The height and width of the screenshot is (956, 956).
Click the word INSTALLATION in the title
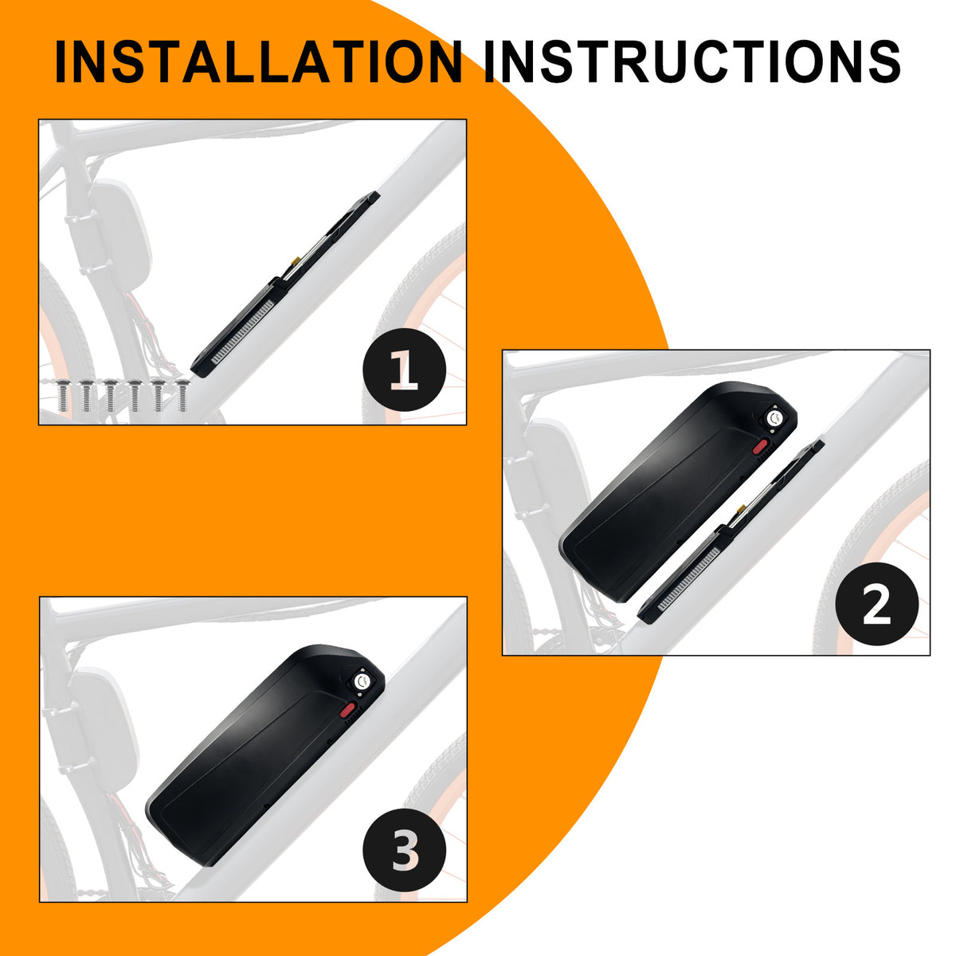pos(258,61)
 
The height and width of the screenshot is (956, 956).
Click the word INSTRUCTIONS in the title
pos(692,61)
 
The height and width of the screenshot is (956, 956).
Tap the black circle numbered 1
pos(405,370)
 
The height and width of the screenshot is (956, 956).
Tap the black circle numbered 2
pos(876,604)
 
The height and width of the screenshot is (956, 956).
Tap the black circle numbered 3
pos(405,850)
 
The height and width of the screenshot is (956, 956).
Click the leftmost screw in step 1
pos(62,395)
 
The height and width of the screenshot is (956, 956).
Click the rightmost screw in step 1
pos(182,395)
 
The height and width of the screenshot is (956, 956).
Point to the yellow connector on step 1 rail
pos(296,260)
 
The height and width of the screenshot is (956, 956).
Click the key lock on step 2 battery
pos(773,418)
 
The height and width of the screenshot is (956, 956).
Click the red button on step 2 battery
pos(760,446)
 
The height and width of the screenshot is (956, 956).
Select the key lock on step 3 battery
pos(361,683)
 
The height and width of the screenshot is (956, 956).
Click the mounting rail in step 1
pos(285,284)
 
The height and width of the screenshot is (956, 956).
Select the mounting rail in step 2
pos(731,532)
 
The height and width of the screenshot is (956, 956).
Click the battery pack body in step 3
pos(265,755)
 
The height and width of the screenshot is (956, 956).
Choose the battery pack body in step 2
pos(678,492)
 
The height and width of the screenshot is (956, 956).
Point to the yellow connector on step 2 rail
pos(742,508)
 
